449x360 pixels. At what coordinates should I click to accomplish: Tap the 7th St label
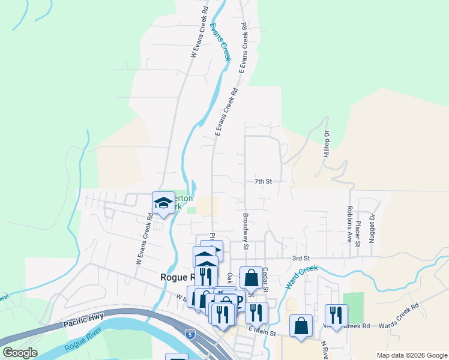[263, 181]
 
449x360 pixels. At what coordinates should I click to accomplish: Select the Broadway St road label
[246, 230]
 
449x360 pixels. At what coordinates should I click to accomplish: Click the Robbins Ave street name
[349, 226]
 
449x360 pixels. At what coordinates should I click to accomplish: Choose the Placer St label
[358, 233]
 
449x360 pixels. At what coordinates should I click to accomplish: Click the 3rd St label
[300, 258]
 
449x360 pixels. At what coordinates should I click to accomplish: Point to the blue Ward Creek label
[301, 273]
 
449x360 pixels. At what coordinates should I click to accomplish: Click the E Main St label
[261, 332]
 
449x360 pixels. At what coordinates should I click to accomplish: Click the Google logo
[20, 353]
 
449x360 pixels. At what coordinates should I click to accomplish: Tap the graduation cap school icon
[162, 203]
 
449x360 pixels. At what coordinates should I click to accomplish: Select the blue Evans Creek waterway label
[220, 42]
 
